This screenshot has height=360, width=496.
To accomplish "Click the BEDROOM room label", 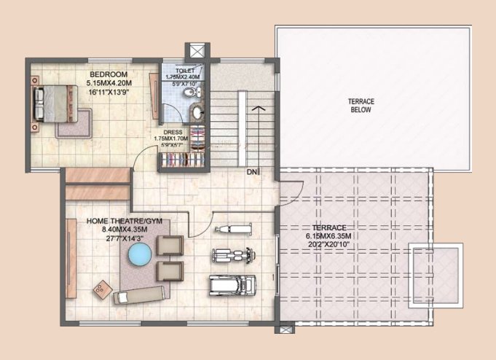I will coord(109,74).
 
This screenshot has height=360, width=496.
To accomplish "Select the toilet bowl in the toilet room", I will coord(189,94).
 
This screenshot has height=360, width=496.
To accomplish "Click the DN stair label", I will coord(251,172).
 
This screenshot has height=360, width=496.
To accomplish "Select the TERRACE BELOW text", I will coord(360,105).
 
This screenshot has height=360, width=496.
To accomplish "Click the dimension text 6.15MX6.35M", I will coord(328,236).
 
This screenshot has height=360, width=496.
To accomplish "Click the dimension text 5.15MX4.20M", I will coord(109,84).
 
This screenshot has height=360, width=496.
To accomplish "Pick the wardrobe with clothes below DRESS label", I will coord(183,156).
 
